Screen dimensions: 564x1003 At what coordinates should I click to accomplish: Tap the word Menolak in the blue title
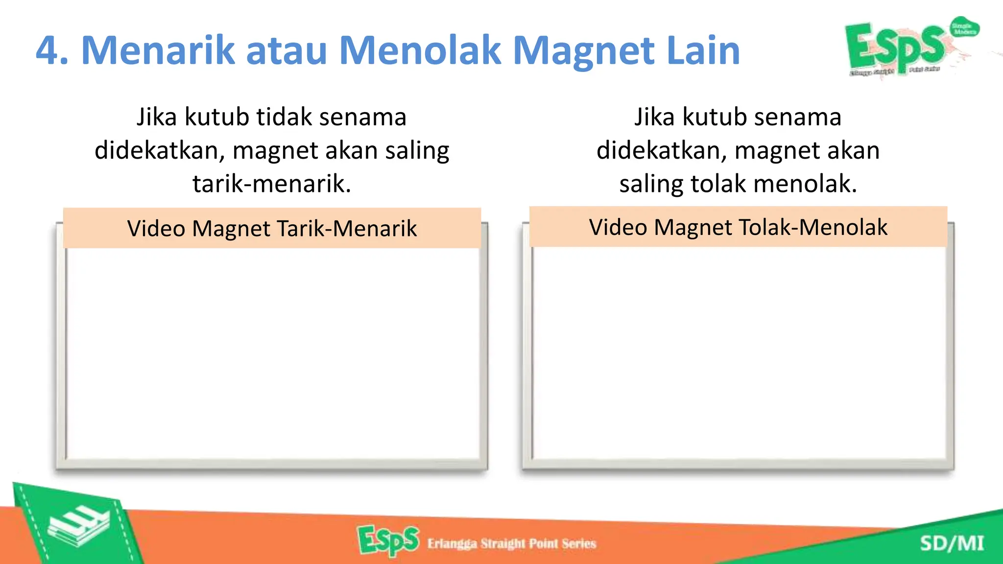coord(421,50)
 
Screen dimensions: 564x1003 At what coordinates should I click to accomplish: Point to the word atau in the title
coord(287,51)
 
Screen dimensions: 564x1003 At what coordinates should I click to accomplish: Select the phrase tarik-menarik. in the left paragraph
coord(272,184)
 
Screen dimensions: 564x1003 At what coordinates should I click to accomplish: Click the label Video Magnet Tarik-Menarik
coord(272,229)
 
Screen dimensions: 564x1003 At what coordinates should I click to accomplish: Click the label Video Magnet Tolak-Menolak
coord(738,227)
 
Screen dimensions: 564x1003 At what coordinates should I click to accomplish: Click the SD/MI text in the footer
coord(952,543)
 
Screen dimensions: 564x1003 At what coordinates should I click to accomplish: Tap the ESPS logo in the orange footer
coord(388,540)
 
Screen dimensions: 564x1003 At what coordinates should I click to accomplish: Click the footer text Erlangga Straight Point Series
coord(512,543)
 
